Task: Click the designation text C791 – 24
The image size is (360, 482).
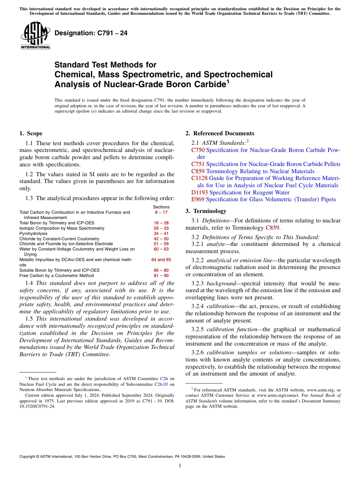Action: pos(91,33)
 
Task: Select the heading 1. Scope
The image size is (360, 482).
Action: pos(31,133)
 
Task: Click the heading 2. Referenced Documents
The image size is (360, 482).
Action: pos(220,133)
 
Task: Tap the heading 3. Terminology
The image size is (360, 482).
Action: pos(206,211)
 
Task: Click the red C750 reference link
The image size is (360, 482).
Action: pos(198,150)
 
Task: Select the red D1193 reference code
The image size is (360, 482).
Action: pos(199,192)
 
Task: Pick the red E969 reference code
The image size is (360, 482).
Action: pos(198,199)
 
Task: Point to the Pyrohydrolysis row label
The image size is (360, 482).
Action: pos(32,233)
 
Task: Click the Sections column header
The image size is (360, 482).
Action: pos(161,207)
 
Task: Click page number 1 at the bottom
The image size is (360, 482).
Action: pos(180,466)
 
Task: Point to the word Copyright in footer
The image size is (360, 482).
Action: pos(28,457)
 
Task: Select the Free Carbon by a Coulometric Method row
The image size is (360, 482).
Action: pos(56,275)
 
